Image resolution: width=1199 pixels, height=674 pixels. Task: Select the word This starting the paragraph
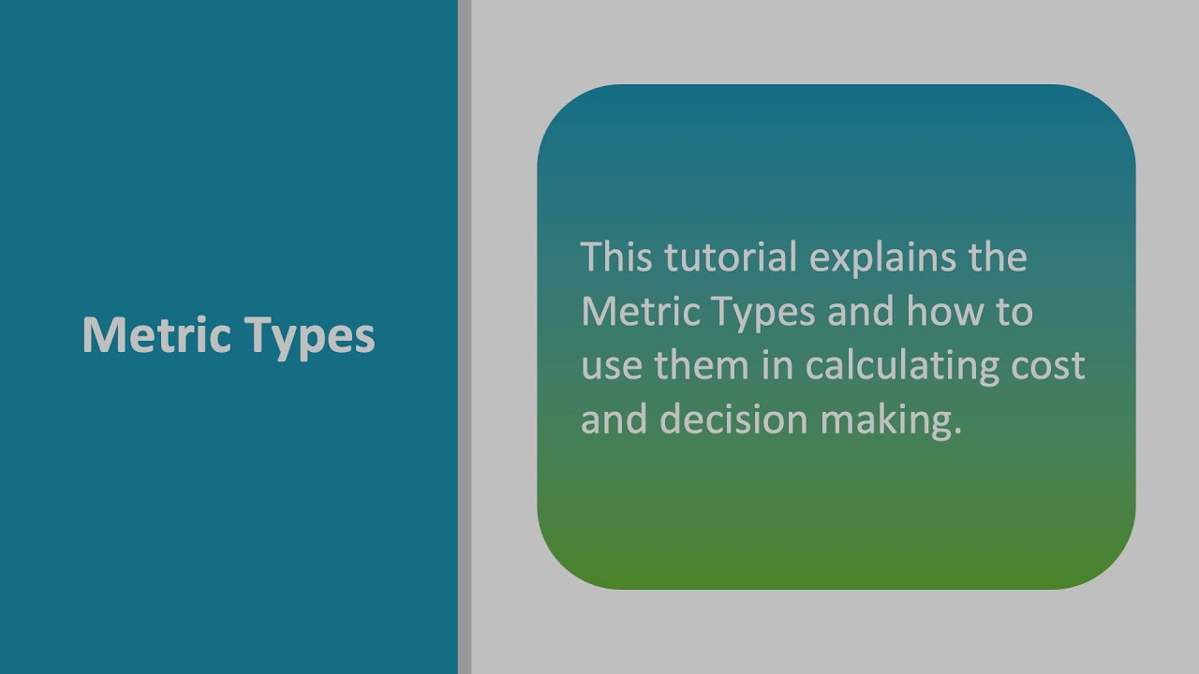point(616,256)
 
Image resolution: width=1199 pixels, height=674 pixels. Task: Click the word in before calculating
point(777,364)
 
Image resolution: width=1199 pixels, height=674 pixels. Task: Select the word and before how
point(861,311)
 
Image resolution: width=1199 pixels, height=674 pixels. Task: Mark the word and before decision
point(614,419)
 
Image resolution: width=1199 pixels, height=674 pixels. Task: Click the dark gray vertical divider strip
point(465,337)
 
